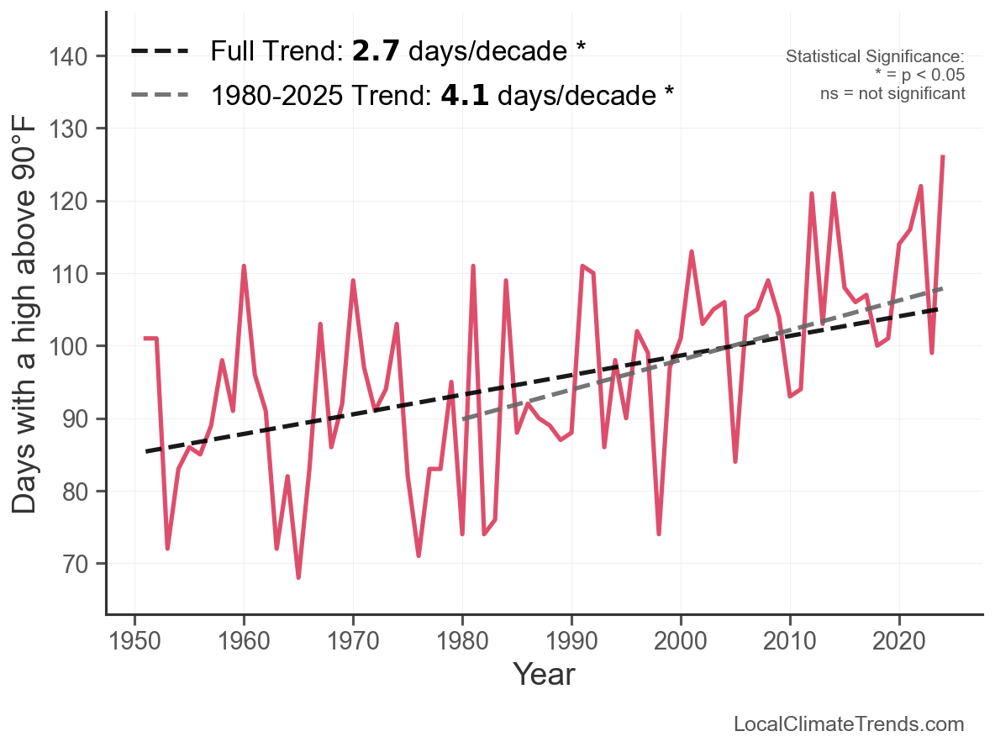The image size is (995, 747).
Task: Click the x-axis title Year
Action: pos(544,674)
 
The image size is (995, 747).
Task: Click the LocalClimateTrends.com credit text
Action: pos(849,724)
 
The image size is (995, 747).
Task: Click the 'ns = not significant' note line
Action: pos(892,92)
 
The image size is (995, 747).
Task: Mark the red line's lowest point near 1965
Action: pos(298,578)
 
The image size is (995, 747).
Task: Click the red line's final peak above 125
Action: pos(943,157)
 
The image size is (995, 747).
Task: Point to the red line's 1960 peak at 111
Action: pos(244,266)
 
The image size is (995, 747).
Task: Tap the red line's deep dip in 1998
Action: pos(659,534)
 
